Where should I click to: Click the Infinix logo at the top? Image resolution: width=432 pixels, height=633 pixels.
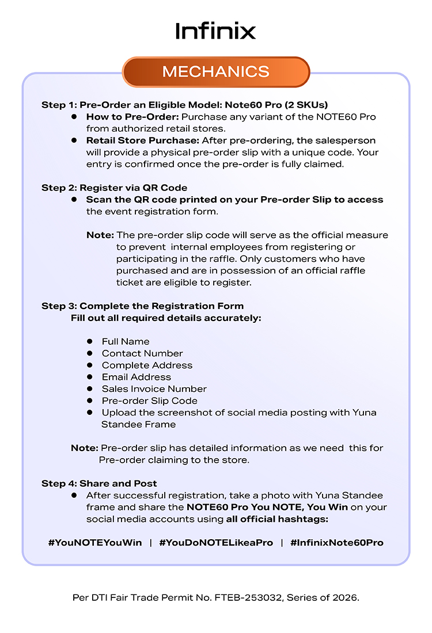pyautogui.click(x=215, y=30)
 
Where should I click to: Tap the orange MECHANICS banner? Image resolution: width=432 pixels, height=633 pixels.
pyautogui.click(x=216, y=72)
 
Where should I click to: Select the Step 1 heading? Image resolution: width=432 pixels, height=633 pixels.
pyautogui.click(x=184, y=105)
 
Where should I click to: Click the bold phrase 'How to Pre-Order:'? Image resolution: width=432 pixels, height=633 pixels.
pyautogui.click(x=132, y=117)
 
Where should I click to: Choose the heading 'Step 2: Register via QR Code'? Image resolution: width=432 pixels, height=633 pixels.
pyautogui.click(x=114, y=188)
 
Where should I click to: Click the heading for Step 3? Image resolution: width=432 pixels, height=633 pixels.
pyautogui.click(x=142, y=306)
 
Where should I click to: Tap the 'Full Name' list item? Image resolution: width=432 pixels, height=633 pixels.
pyautogui.click(x=126, y=341)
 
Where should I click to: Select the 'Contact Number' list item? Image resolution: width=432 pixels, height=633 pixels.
pyautogui.click(x=142, y=353)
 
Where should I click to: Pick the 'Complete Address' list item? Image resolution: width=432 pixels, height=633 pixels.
pyautogui.click(x=147, y=365)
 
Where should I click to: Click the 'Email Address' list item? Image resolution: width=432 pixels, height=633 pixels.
pyautogui.click(x=137, y=377)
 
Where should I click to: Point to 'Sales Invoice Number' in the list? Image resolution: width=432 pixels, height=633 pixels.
pyautogui.click(x=154, y=389)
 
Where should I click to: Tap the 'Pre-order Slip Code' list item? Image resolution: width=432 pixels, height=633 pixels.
pyautogui.click(x=149, y=401)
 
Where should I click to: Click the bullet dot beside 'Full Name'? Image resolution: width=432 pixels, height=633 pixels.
pyautogui.click(x=90, y=341)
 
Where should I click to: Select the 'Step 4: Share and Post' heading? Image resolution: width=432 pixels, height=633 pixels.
pyautogui.click(x=99, y=483)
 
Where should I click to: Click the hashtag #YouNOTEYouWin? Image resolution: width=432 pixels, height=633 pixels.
pyautogui.click(x=95, y=543)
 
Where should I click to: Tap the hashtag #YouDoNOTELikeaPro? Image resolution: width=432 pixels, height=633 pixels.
pyautogui.click(x=216, y=543)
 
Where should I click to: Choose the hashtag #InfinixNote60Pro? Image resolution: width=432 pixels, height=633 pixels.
pyautogui.click(x=337, y=543)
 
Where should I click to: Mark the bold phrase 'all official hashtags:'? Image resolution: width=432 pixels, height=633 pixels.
pyautogui.click(x=277, y=519)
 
